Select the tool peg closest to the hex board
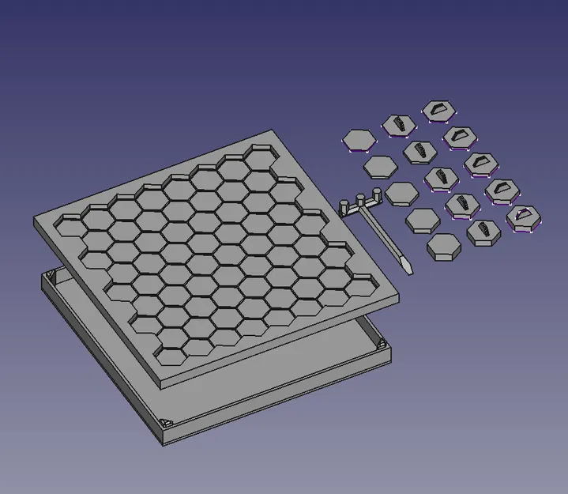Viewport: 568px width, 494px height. coord(344,208)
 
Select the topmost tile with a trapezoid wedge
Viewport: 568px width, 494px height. coord(436,110)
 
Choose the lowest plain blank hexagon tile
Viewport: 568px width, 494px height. coord(444,247)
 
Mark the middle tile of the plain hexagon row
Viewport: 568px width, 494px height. coord(401,192)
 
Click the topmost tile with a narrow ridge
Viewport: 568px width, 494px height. coord(399,124)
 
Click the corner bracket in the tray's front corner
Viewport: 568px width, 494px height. coord(167,424)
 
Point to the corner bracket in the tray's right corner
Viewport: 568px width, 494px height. coord(381,345)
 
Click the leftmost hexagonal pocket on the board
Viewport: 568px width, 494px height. coord(71,227)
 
